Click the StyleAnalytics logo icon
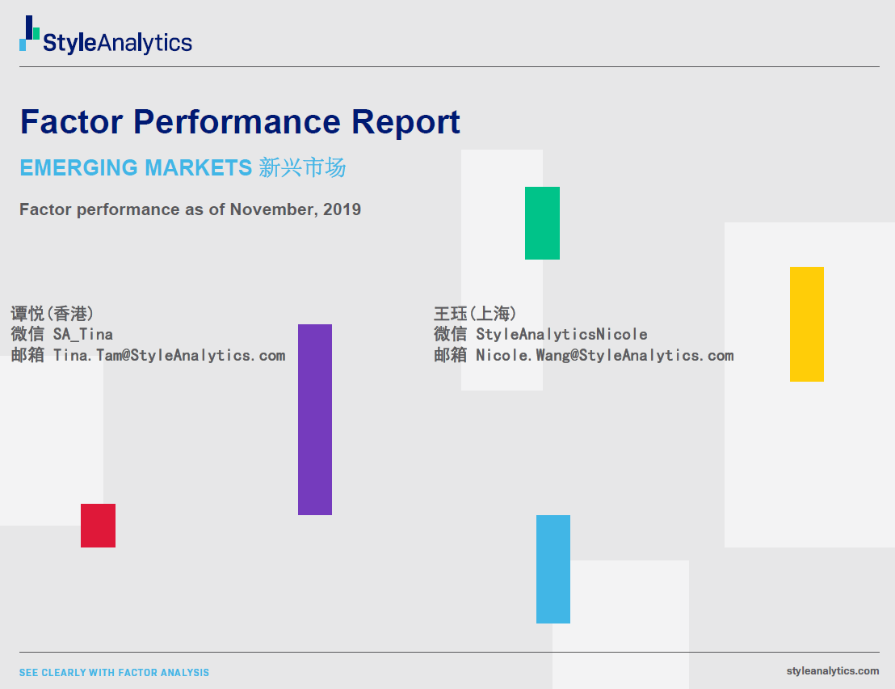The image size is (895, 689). coord(29,33)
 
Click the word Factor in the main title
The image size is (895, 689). coord(71,121)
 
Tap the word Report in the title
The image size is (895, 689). coord(405,122)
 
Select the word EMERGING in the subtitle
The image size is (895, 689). coord(79,168)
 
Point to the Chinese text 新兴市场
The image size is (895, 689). coord(302,168)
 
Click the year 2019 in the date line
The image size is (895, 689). coord(342,209)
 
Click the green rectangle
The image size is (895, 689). coord(542,223)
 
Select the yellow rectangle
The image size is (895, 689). coord(806,324)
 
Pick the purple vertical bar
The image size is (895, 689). coord(314,420)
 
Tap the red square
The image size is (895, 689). coord(99,526)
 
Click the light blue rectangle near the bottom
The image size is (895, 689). coord(553,569)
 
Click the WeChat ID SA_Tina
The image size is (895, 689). coord(82,334)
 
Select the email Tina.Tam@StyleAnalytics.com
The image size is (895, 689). coord(169,355)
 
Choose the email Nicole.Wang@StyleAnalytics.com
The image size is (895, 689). coord(605,355)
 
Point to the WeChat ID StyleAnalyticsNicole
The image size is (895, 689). coord(561,334)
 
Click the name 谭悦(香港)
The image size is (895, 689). coord(52,314)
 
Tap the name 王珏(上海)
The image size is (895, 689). coord(475,314)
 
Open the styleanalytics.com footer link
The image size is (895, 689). coord(832,671)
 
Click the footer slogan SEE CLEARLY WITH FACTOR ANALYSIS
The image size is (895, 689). coord(114,673)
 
